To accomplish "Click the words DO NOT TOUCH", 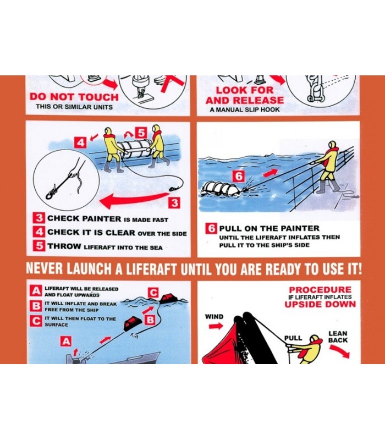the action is pos(74,97).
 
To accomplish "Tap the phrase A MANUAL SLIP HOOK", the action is pos(244,109).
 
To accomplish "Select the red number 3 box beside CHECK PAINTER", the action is pos(38,218).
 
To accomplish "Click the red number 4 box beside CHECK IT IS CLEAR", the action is pos(38,232).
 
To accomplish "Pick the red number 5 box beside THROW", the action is pos(38,246).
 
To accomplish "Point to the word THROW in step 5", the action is pos(64,246).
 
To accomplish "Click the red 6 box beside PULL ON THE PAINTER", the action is pos(211,228).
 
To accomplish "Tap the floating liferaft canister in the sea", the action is pos(221,188).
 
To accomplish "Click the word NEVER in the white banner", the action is pos(46,269).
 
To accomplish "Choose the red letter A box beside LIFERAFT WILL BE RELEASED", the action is pos(36,291).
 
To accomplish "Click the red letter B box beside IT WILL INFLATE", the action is pos(36,306).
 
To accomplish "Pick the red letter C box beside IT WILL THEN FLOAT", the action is pos(36,321).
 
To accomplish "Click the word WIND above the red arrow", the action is pos(214,317).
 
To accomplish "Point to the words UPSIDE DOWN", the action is pos(320,305).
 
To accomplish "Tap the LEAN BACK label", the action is pos(338,337).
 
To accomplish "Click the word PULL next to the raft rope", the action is pos(293,338).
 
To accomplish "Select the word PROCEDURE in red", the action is pos(320,290).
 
